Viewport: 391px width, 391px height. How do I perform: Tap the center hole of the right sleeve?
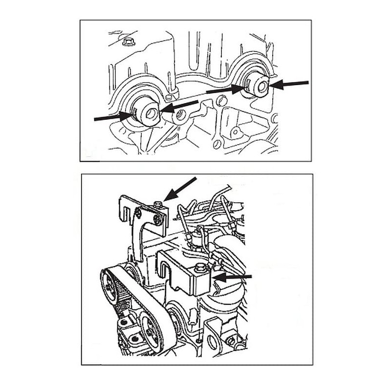(x=262, y=87)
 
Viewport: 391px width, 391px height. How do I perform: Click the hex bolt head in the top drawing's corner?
(x=129, y=41)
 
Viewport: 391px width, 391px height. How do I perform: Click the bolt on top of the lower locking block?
(x=200, y=267)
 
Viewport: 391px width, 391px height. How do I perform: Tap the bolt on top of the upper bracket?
(x=157, y=203)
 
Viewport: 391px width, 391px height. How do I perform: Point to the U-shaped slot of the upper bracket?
(x=129, y=213)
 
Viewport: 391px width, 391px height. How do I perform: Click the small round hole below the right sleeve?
(x=235, y=132)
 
